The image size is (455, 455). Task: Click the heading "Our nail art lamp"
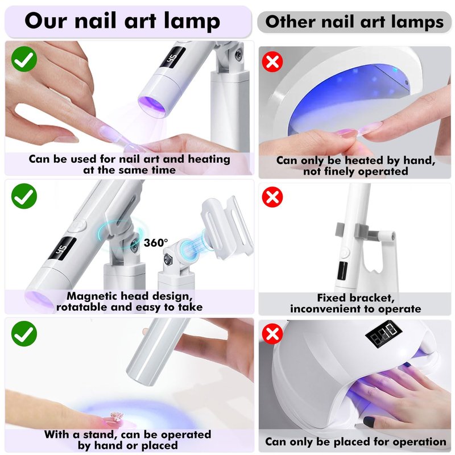tap(122, 21)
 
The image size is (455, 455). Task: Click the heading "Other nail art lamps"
tap(354, 22)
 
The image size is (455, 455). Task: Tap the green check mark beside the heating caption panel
tap(24, 59)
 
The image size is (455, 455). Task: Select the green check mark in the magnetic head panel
tap(24, 196)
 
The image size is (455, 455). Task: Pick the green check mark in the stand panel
tap(24, 334)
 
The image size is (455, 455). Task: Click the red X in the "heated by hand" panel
tap(272, 61)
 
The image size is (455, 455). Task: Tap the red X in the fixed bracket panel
tap(272, 197)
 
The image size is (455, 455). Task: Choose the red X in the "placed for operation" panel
tap(272, 333)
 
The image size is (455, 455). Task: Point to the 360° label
tap(156, 243)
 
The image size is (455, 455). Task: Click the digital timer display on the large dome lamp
tap(383, 334)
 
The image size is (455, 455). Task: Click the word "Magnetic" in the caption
tap(92, 296)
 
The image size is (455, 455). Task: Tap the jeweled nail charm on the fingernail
tap(117, 416)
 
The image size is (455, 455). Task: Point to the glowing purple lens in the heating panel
tap(152, 106)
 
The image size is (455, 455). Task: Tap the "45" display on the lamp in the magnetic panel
tap(63, 248)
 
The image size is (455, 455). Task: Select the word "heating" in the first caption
tap(209, 159)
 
